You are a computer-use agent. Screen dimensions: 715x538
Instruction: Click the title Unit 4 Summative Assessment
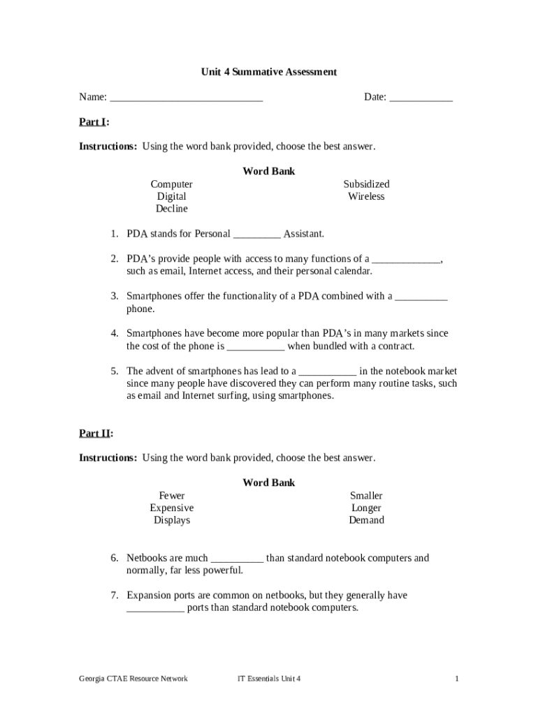(269, 72)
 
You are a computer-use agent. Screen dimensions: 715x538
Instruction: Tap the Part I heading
(94, 122)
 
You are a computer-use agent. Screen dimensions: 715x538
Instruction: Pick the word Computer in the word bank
(172, 184)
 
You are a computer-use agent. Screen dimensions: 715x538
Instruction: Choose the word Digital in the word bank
(172, 197)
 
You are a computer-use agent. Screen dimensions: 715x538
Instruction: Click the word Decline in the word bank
(172, 209)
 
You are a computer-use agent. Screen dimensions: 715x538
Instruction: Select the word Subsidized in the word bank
(366, 184)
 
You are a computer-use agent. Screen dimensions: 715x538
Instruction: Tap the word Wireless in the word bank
(366, 197)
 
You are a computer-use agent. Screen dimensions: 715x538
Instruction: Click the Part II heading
(96, 434)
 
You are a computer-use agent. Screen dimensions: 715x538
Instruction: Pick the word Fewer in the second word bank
(172, 496)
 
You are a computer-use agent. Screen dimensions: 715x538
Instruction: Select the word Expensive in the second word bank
(172, 508)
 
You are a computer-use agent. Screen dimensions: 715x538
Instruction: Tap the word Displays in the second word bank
(172, 520)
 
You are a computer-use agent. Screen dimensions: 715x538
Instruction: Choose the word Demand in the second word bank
(366, 520)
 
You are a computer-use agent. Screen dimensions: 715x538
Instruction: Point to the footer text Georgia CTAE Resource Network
(133, 679)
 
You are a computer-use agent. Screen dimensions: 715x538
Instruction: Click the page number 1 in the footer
(456, 679)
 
